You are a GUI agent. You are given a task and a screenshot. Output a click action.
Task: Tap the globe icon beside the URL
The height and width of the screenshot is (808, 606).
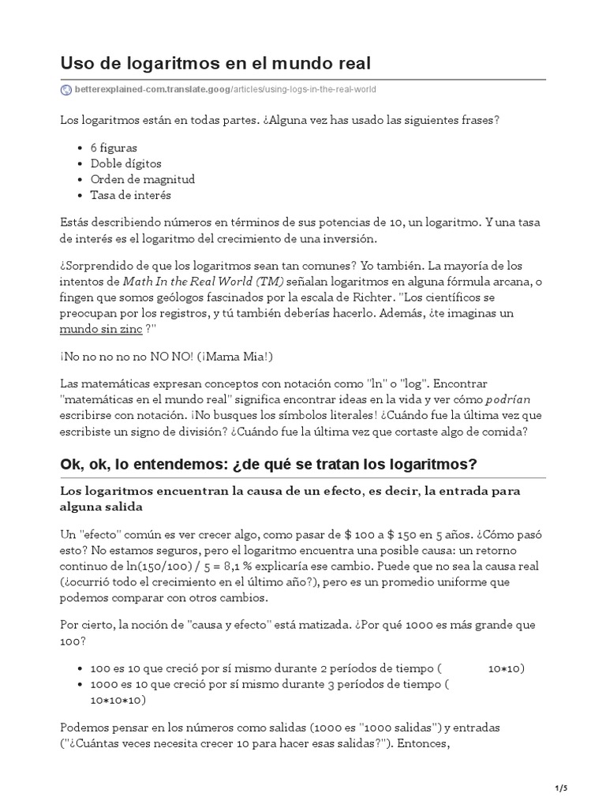pyautogui.click(x=65, y=90)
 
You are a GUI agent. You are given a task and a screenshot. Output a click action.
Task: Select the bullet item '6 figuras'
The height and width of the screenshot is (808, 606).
pyautogui.click(x=114, y=148)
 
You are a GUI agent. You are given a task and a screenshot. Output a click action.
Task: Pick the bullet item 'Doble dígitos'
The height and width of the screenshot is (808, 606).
pyautogui.click(x=125, y=163)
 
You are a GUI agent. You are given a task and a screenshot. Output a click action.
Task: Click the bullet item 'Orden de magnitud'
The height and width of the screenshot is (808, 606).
pyautogui.click(x=142, y=179)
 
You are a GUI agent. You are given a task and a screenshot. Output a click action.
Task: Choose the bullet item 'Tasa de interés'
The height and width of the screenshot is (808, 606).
pyautogui.click(x=130, y=195)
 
